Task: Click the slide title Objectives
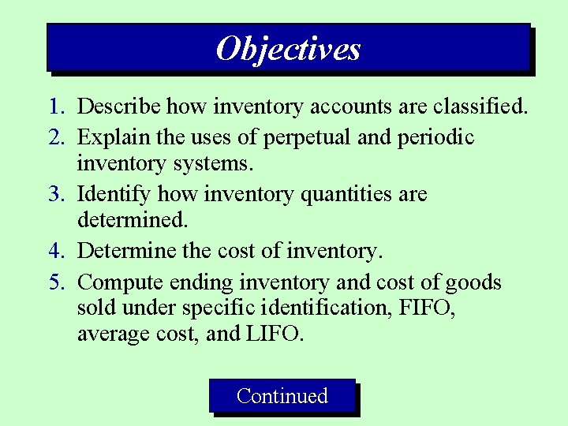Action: coord(288,49)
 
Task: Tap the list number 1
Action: coord(55,106)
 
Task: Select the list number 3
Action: coord(55,194)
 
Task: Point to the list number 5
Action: coord(55,282)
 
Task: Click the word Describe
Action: coord(114,106)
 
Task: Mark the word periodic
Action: coord(435,137)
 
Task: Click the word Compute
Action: coord(117,282)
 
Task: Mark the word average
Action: coord(110,334)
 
